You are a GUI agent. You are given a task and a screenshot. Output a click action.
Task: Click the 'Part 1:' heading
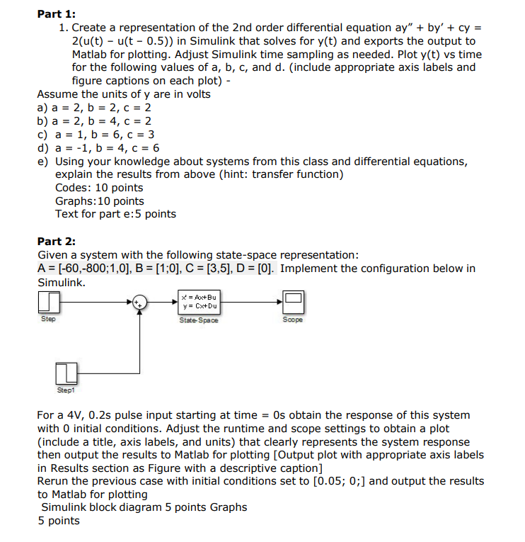[56, 13]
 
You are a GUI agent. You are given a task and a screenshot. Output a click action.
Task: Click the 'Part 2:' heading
[56, 241]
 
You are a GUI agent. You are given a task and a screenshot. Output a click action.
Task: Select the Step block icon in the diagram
[47, 303]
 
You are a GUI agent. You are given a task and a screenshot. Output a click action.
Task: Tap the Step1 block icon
[66, 372]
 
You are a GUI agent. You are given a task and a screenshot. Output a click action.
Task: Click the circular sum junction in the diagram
[140, 302]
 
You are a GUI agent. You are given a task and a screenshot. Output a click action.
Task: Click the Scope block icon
[293, 302]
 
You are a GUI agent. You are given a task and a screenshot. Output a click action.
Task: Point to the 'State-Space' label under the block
[199, 320]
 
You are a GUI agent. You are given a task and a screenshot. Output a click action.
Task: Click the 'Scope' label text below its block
[293, 320]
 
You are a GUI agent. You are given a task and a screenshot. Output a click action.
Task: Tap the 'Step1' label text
[65, 390]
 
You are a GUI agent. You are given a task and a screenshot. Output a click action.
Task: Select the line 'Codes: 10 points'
[98, 188]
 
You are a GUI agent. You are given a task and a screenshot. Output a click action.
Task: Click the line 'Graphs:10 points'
[99, 201]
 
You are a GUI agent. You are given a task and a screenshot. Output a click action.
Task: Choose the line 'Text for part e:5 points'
[115, 214]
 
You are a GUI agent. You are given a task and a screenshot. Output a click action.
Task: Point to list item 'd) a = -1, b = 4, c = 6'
[98, 148]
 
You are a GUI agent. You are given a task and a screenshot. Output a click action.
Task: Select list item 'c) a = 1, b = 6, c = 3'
[96, 135]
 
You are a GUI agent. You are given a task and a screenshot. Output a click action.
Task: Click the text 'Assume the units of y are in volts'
[124, 94]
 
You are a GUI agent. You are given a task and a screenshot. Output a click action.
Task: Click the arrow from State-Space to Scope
[251, 302]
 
